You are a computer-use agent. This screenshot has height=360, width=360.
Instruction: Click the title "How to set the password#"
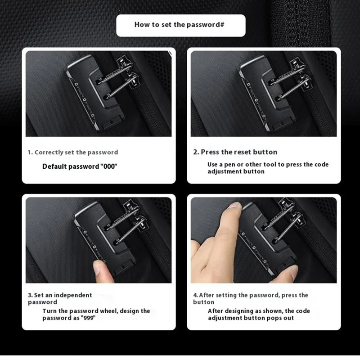tap(179, 25)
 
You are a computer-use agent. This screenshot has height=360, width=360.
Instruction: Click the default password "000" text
tap(109, 166)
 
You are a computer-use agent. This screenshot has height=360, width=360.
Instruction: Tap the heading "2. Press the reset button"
tap(235, 152)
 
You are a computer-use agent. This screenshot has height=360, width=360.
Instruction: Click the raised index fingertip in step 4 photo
tap(234, 206)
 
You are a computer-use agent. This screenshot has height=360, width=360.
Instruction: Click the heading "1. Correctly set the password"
tap(73, 152)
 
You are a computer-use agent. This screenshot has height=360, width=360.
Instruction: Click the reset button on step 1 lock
tap(110, 121)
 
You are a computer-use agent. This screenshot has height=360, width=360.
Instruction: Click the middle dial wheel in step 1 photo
tap(85, 100)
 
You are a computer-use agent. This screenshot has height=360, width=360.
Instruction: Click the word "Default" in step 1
tap(54, 166)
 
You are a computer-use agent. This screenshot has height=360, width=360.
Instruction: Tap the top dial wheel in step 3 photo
tap(85, 232)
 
